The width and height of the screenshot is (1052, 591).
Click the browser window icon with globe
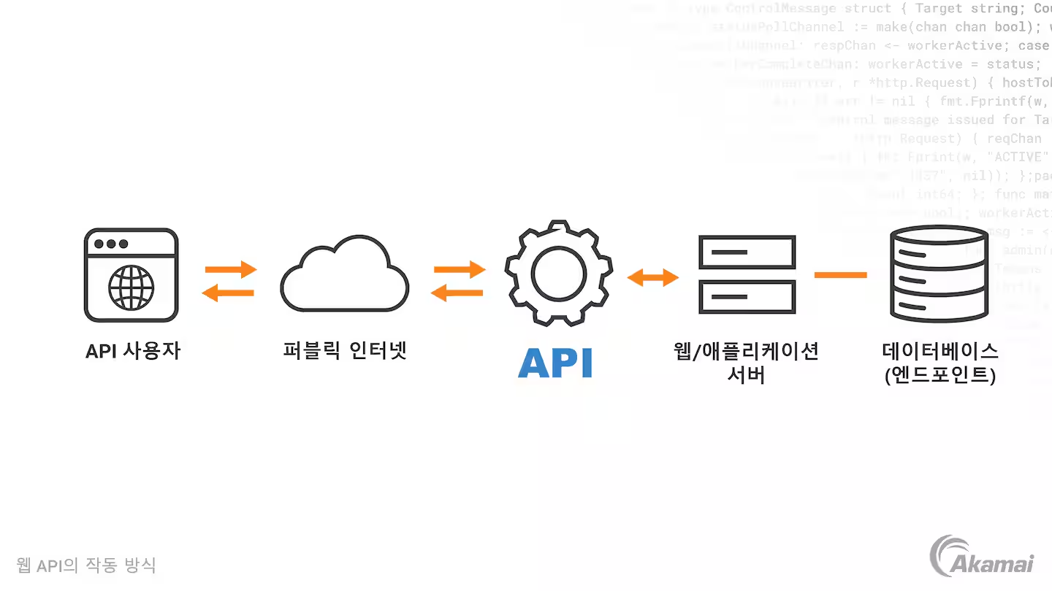coord(131,275)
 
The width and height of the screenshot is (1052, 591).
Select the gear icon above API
coord(559,273)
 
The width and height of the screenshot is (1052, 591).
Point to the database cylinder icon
coord(939,275)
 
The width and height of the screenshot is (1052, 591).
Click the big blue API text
coord(555,363)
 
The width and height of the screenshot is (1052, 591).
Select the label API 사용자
coord(133,351)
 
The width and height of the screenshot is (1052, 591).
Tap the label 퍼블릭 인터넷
coord(345,351)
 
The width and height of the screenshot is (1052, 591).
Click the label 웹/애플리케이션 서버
coord(746,363)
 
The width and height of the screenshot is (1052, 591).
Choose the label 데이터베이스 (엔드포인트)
coord(939,363)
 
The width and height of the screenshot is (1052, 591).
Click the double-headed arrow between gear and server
coord(653,277)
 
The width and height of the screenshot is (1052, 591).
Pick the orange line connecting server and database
coord(841,275)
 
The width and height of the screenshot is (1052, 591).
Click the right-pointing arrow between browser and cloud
coord(231,269)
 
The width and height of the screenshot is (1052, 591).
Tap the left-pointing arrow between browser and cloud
coord(228,293)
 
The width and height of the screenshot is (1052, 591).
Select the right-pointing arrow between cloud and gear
coord(460,269)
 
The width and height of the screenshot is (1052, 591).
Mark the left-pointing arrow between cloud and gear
coord(457,293)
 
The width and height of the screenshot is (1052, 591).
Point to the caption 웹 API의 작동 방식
coord(86,565)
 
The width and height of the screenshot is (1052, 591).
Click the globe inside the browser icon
coord(131,287)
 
